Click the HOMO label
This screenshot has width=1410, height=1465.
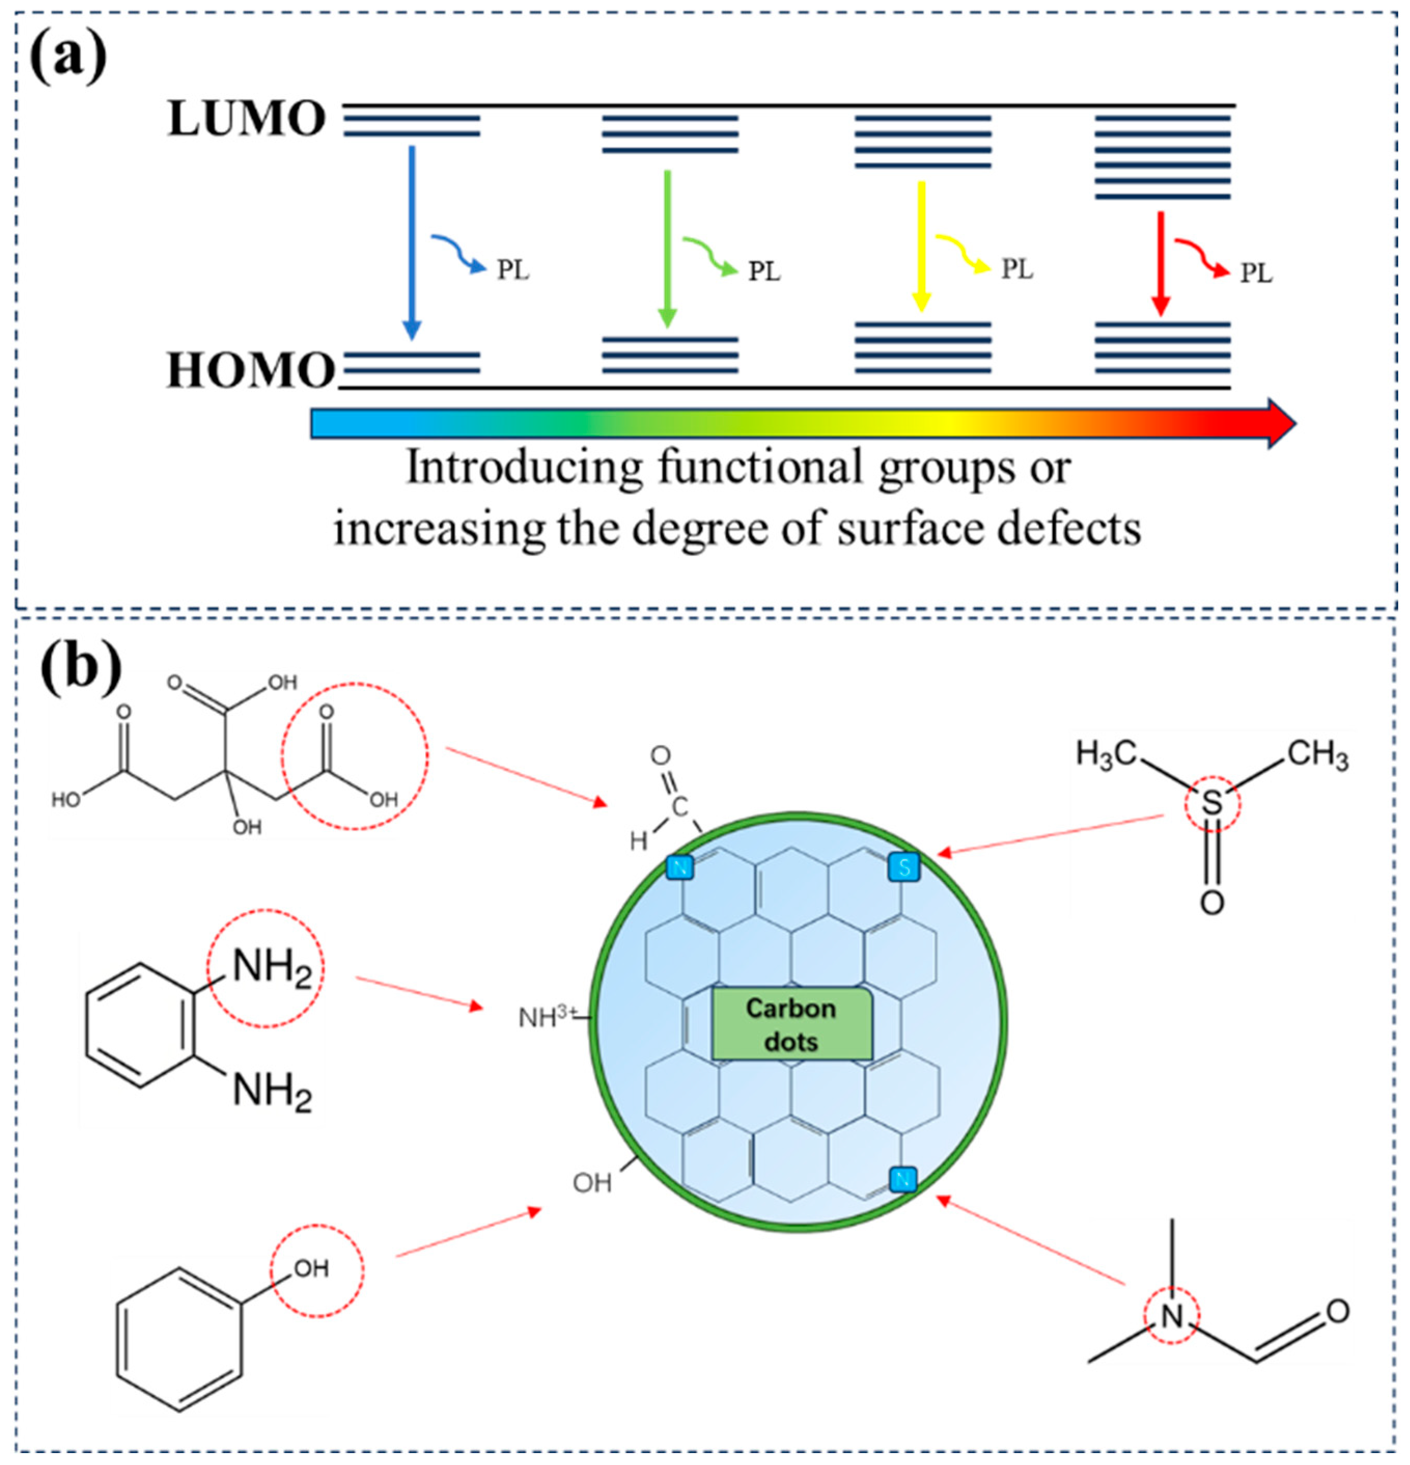pos(250,370)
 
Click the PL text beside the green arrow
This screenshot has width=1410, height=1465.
pos(764,271)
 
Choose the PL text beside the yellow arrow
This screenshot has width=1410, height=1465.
pos(1017,269)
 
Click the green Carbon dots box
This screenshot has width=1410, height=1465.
pos(791,1025)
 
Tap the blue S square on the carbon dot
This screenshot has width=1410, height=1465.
pos(903,868)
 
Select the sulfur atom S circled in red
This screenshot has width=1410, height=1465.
pos(1211,804)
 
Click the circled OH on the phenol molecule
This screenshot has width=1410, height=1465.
pos(312,1268)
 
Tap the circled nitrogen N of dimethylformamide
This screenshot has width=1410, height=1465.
pos(1171,1316)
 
